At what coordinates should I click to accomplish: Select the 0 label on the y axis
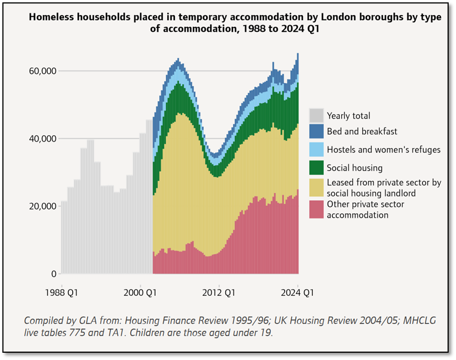(x=54, y=274)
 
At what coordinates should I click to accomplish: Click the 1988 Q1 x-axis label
(x=62, y=291)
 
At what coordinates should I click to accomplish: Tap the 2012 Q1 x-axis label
(x=219, y=291)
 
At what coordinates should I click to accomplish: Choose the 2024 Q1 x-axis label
(x=298, y=291)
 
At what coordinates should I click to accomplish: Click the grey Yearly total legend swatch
(x=316, y=116)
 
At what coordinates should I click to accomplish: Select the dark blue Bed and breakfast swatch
(x=316, y=131)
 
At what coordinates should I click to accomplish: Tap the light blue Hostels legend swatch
(x=316, y=149)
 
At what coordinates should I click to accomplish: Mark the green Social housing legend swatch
(x=316, y=167)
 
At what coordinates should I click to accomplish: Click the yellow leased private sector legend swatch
(x=316, y=187)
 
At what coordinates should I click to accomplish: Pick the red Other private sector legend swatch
(x=316, y=210)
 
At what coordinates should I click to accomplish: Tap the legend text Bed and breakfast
(x=362, y=131)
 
